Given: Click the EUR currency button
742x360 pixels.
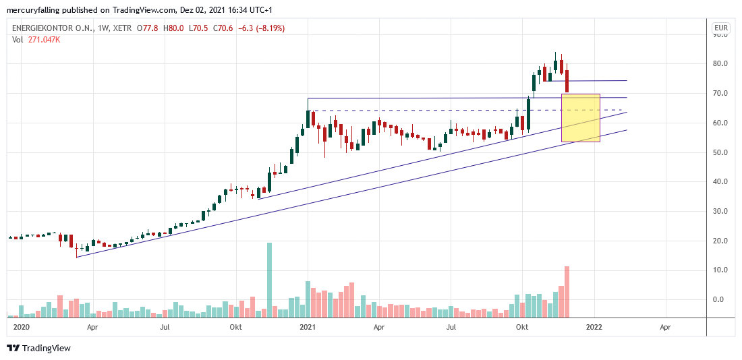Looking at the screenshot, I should [721, 28].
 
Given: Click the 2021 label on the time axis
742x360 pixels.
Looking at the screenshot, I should [308, 327].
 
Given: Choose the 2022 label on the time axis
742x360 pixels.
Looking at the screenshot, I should [594, 327].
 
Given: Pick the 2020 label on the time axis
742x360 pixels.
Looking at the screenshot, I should [22, 327].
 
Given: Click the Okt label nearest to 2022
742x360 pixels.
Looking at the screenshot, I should [521, 327].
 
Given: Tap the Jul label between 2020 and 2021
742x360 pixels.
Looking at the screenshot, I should [164, 327].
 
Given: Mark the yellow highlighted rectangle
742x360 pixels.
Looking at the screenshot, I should [581, 118].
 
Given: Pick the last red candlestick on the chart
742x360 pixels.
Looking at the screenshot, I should [567, 80].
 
